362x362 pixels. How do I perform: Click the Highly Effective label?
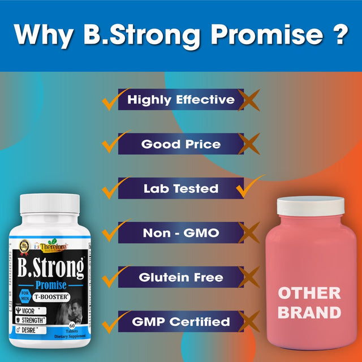point(180,100)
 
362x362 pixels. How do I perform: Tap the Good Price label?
point(180,144)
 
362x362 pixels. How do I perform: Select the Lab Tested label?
point(180,188)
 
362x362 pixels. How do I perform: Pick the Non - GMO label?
point(180,232)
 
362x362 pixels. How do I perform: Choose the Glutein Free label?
point(180,277)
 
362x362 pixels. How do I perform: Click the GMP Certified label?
point(180,322)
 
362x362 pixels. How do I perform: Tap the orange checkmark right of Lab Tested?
point(250,186)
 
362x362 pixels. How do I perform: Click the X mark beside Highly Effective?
point(248,100)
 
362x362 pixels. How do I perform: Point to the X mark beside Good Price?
point(248,144)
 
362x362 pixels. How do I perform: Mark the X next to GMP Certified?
point(248,322)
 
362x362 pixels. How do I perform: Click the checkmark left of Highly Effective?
point(111,99)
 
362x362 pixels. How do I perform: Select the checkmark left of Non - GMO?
point(111,231)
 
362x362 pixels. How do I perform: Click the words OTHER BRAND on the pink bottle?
point(309,303)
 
